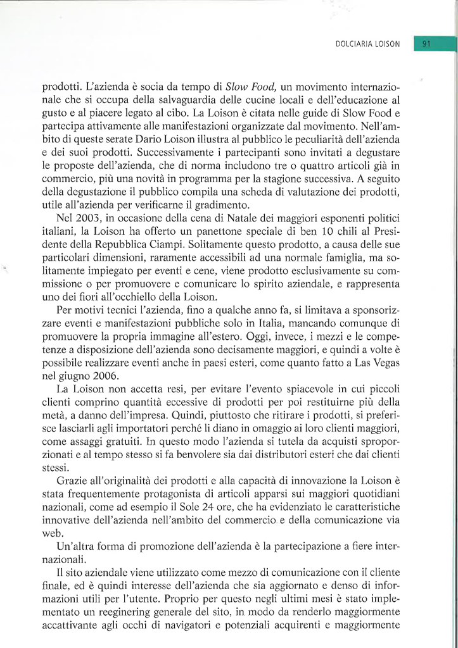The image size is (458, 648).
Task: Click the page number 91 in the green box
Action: tap(426, 44)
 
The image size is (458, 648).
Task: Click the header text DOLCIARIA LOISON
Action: tap(369, 44)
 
